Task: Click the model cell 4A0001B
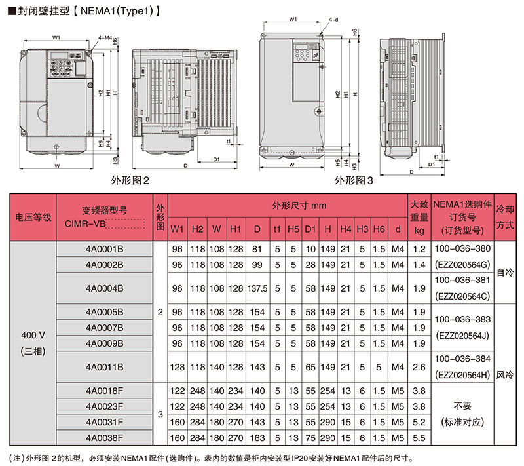coord(104,249)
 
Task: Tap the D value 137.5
coord(257,288)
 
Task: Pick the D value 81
coord(257,249)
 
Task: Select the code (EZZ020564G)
coord(462,265)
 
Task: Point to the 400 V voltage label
coord(33,336)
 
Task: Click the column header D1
coord(310,229)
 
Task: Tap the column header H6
coord(379,229)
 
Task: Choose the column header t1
coord(277,229)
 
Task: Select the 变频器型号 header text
coord(104,210)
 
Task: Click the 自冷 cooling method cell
coord(505,272)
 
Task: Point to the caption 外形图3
coord(354,180)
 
